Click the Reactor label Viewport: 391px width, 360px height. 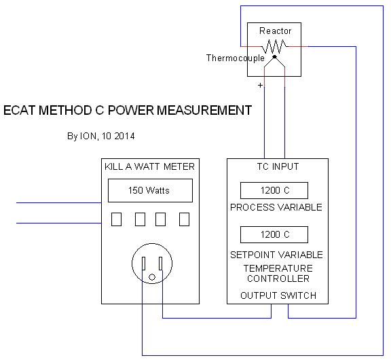[x=276, y=31]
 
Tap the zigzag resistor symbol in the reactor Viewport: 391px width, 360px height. [x=274, y=47]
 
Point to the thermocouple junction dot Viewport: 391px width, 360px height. [x=274, y=57]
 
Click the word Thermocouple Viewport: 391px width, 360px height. [x=235, y=58]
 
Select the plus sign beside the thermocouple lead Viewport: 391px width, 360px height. [x=260, y=86]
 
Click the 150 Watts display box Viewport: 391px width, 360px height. [x=150, y=190]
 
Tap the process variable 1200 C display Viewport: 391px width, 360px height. [x=274, y=190]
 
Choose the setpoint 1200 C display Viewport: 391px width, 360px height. [x=274, y=234]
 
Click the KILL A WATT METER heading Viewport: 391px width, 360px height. [x=149, y=166]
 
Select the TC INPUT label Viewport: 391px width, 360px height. [x=278, y=166]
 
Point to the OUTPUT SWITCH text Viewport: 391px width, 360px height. [x=278, y=295]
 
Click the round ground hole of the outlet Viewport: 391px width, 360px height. [x=152, y=277]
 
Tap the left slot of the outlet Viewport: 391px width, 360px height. [x=144, y=264]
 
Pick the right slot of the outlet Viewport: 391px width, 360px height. [x=161, y=264]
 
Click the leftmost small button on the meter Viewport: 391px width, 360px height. [x=116, y=219]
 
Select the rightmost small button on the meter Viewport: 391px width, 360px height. [x=184, y=219]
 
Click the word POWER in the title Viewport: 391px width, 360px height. [x=130, y=110]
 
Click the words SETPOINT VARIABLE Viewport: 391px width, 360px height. [x=276, y=255]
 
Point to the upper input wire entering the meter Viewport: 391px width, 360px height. [x=59, y=203]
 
